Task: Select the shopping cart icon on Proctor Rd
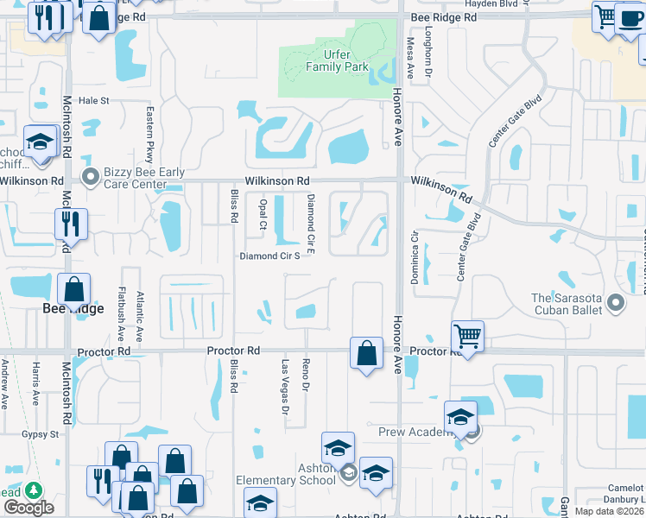pos(467,336)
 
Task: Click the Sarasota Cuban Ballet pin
pos(616,303)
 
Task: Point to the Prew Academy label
pos(410,431)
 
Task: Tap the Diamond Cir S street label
pos(269,256)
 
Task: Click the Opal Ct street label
pos(263,214)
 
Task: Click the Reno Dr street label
pos(306,374)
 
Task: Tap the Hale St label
pos(94,101)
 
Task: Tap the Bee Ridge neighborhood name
pos(73,307)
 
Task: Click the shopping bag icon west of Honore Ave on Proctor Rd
pos(366,353)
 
